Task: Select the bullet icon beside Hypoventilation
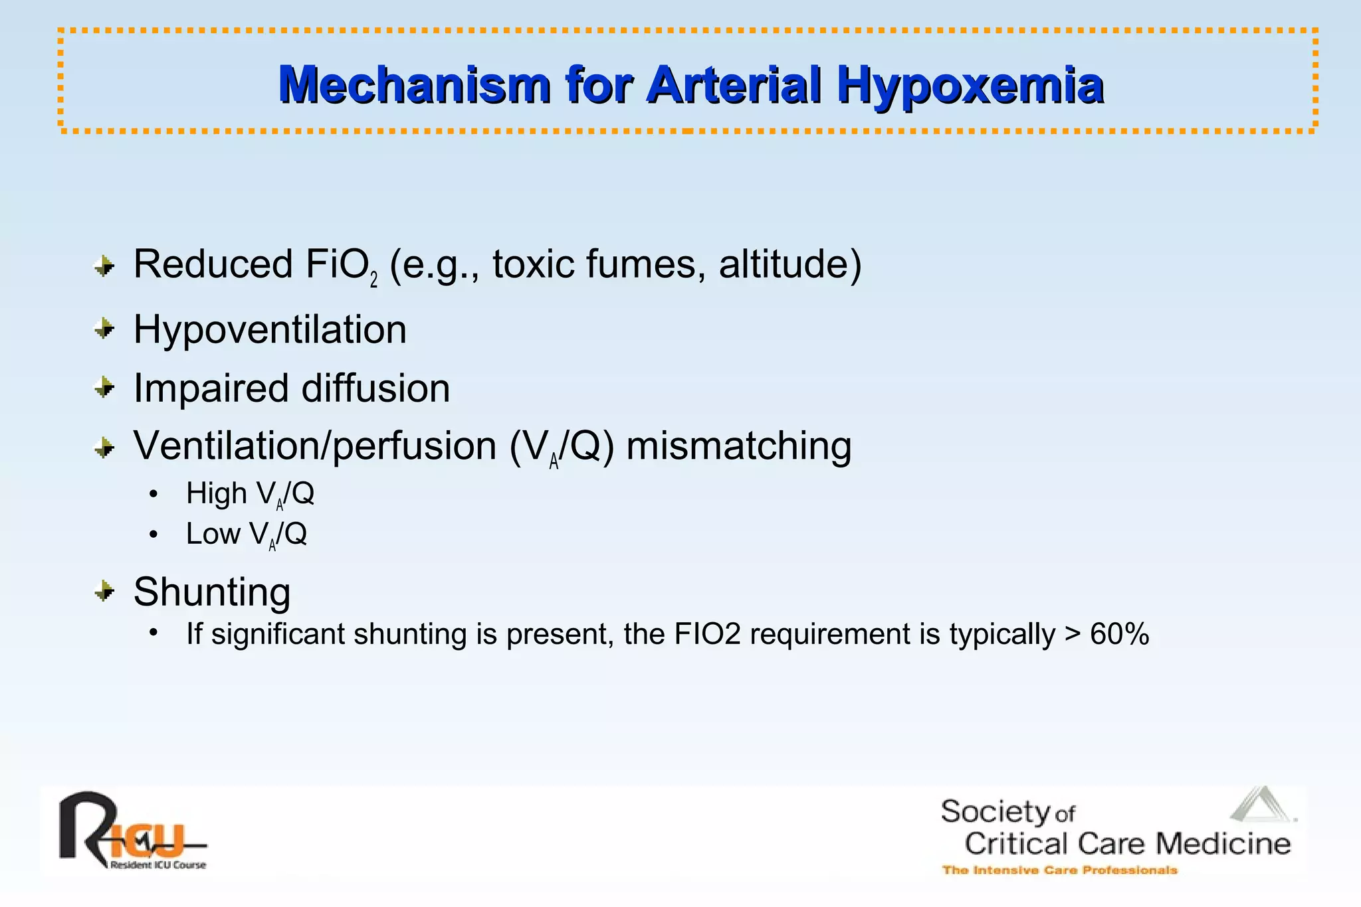(104, 328)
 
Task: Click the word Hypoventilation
(270, 329)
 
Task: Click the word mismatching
(738, 446)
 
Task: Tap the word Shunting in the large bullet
(212, 592)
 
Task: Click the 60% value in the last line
(1119, 634)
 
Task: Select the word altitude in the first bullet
(789, 264)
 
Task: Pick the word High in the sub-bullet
(217, 493)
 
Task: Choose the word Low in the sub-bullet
(213, 534)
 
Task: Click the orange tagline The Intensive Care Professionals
(1059, 870)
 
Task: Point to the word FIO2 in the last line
(707, 634)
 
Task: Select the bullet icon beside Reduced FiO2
(104, 267)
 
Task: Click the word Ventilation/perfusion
(315, 446)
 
